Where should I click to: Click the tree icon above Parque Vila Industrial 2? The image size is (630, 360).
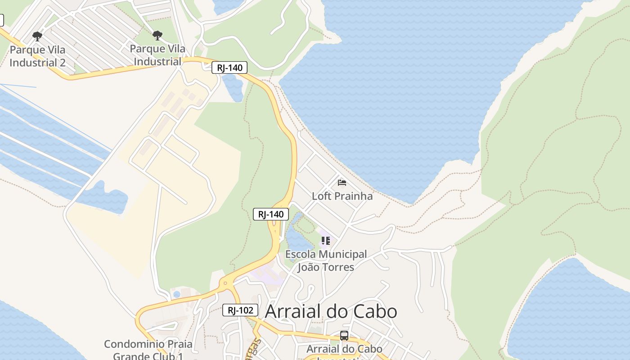tap(37, 36)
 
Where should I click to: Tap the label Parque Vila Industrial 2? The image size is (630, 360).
tap(37, 56)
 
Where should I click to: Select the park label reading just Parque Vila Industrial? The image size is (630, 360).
tap(157, 55)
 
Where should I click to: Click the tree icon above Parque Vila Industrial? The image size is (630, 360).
tap(157, 35)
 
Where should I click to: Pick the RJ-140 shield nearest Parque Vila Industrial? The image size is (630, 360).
tap(229, 68)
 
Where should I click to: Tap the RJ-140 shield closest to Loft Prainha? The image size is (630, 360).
tap(271, 214)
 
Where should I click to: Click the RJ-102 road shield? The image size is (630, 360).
tap(240, 310)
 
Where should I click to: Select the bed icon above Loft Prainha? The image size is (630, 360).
tap(342, 182)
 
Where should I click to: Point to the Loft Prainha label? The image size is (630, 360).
tap(342, 196)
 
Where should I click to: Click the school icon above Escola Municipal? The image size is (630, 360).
tap(326, 241)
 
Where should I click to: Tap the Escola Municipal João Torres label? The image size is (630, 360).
tap(326, 261)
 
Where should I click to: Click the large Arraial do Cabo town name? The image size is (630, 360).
tap(331, 311)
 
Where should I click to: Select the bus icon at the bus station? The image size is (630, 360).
tap(344, 335)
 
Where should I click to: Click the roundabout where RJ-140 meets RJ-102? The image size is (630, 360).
tap(225, 283)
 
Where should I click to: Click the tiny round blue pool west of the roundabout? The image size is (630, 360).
tap(177, 294)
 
